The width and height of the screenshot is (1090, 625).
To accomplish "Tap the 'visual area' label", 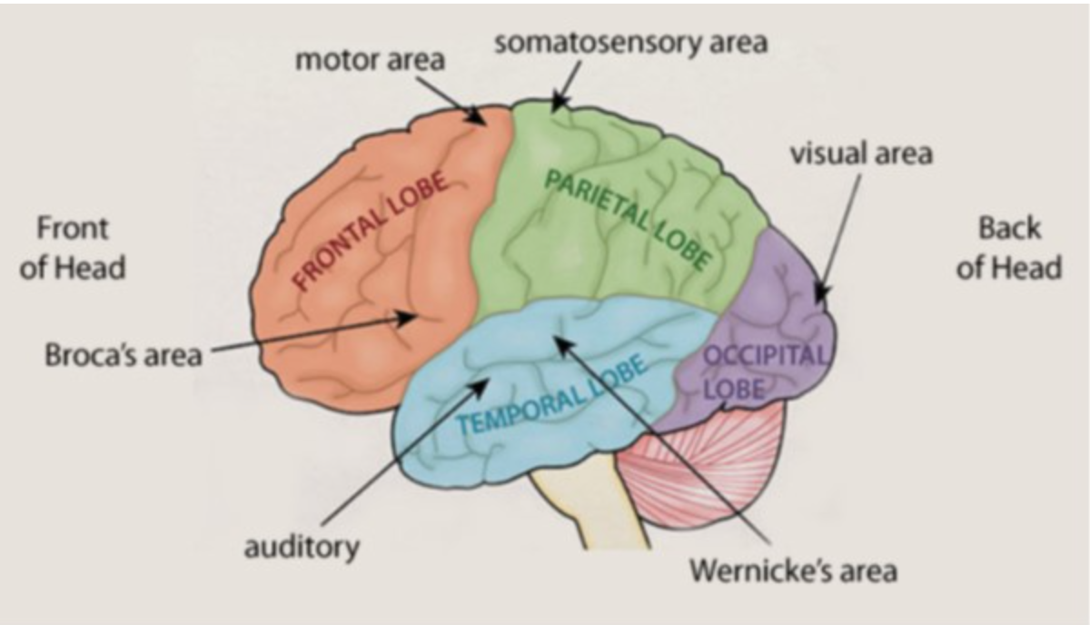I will click(861, 154).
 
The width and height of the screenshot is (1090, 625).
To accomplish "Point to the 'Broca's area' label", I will click(124, 353).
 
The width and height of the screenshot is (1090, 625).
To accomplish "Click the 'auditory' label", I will click(302, 548).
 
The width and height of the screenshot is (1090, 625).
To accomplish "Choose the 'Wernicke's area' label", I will click(793, 570).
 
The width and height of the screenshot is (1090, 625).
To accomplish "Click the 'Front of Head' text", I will click(72, 247).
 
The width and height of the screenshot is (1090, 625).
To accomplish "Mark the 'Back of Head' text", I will click(1008, 247).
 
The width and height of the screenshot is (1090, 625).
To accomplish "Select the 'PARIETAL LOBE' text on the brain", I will click(628, 218).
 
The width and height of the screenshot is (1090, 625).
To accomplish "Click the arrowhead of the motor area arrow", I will click(482, 122).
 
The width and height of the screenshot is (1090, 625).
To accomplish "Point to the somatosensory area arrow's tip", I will click(555, 109).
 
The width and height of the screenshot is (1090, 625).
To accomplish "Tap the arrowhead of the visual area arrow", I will click(817, 298).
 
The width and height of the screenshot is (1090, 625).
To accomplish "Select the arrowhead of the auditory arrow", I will click(486, 384).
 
